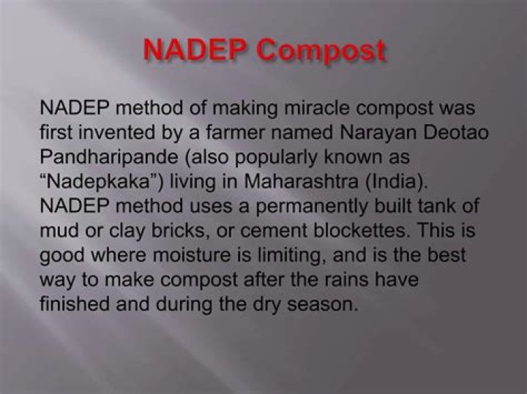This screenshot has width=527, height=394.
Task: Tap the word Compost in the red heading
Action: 321,50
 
